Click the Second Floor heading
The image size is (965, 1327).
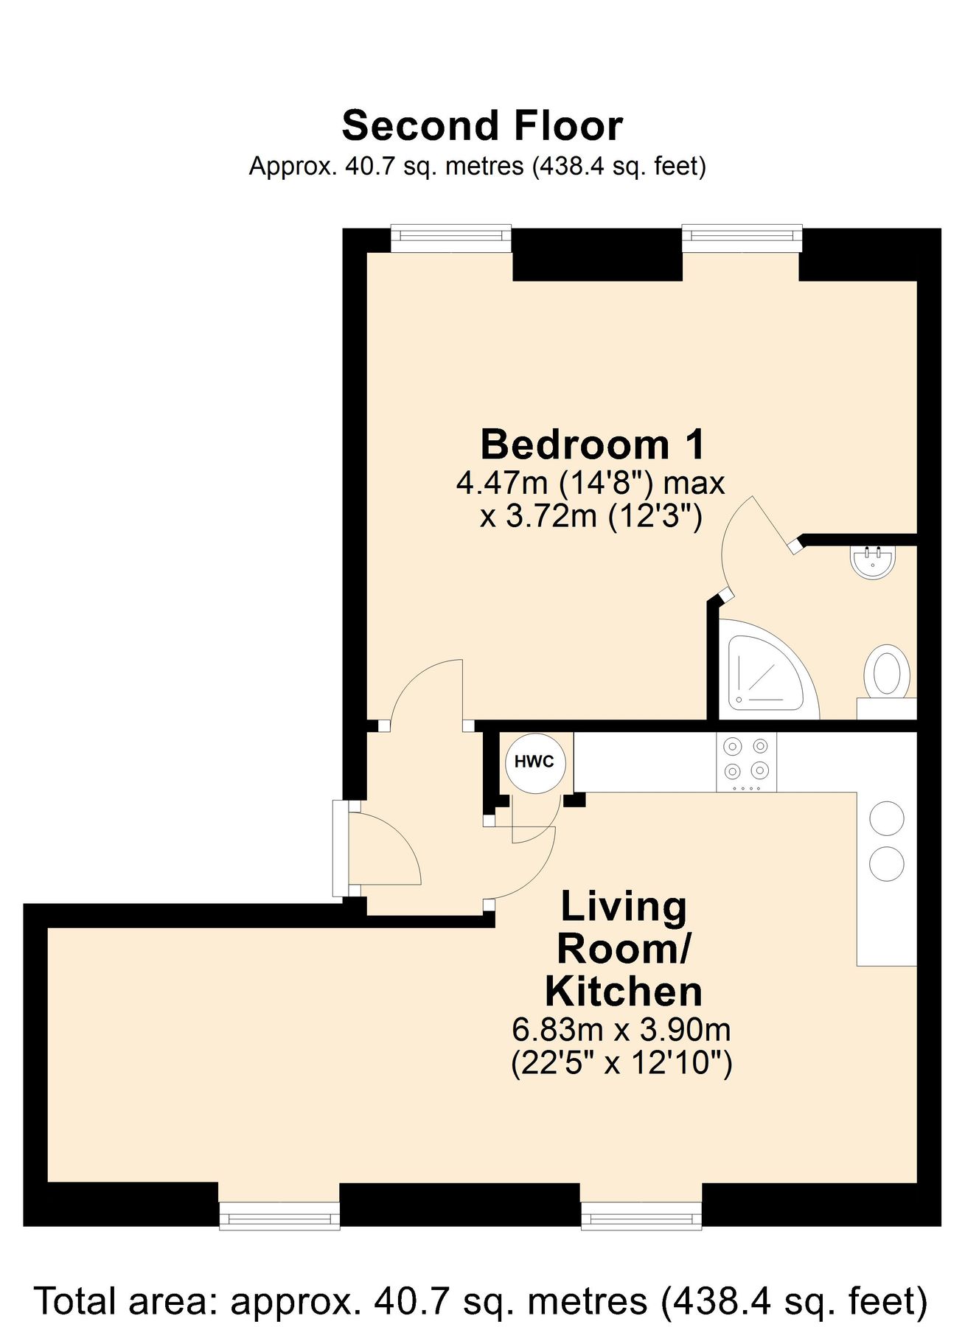tap(482, 126)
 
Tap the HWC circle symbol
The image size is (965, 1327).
tap(534, 762)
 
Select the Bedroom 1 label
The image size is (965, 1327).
tap(592, 445)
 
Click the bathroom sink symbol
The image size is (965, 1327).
tap(873, 562)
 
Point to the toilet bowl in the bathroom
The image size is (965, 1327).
tap(886, 672)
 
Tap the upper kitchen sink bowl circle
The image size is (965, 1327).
tap(886, 818)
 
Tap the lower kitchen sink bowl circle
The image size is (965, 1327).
tap(886, 863)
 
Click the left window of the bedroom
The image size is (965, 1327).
tap(450, 237)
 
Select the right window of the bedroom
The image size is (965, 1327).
tap(741, 237)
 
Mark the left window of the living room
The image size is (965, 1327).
tap(279, 1215)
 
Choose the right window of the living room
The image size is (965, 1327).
tap(641, 1215)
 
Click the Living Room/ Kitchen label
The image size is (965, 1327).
tap(623, 949)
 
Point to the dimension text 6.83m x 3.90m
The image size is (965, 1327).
tap(621, 1028)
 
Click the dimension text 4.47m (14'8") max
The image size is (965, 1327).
tap(591, 484)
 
